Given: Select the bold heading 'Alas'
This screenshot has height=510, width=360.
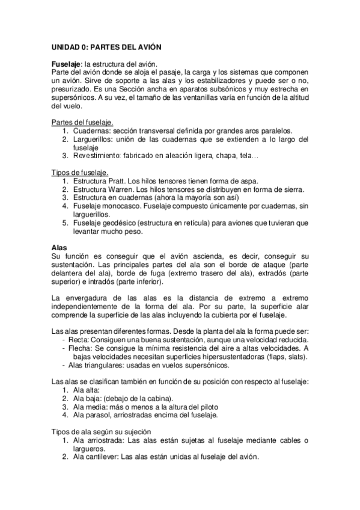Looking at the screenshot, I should tap(59, 248).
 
